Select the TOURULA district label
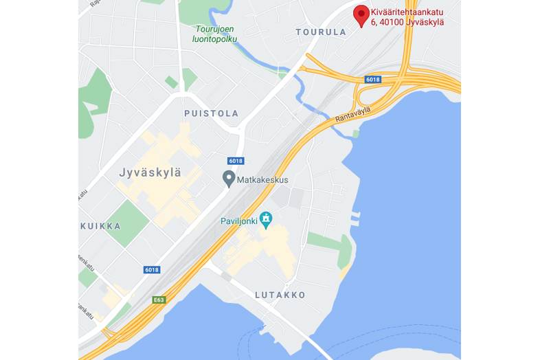321,32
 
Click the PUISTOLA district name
211,113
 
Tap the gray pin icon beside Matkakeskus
229,179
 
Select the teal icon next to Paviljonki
266,219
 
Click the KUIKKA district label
101,225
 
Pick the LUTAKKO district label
280,295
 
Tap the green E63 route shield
159,300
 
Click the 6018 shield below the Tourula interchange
372,80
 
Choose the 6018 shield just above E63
152,270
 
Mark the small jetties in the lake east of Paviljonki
355,218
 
